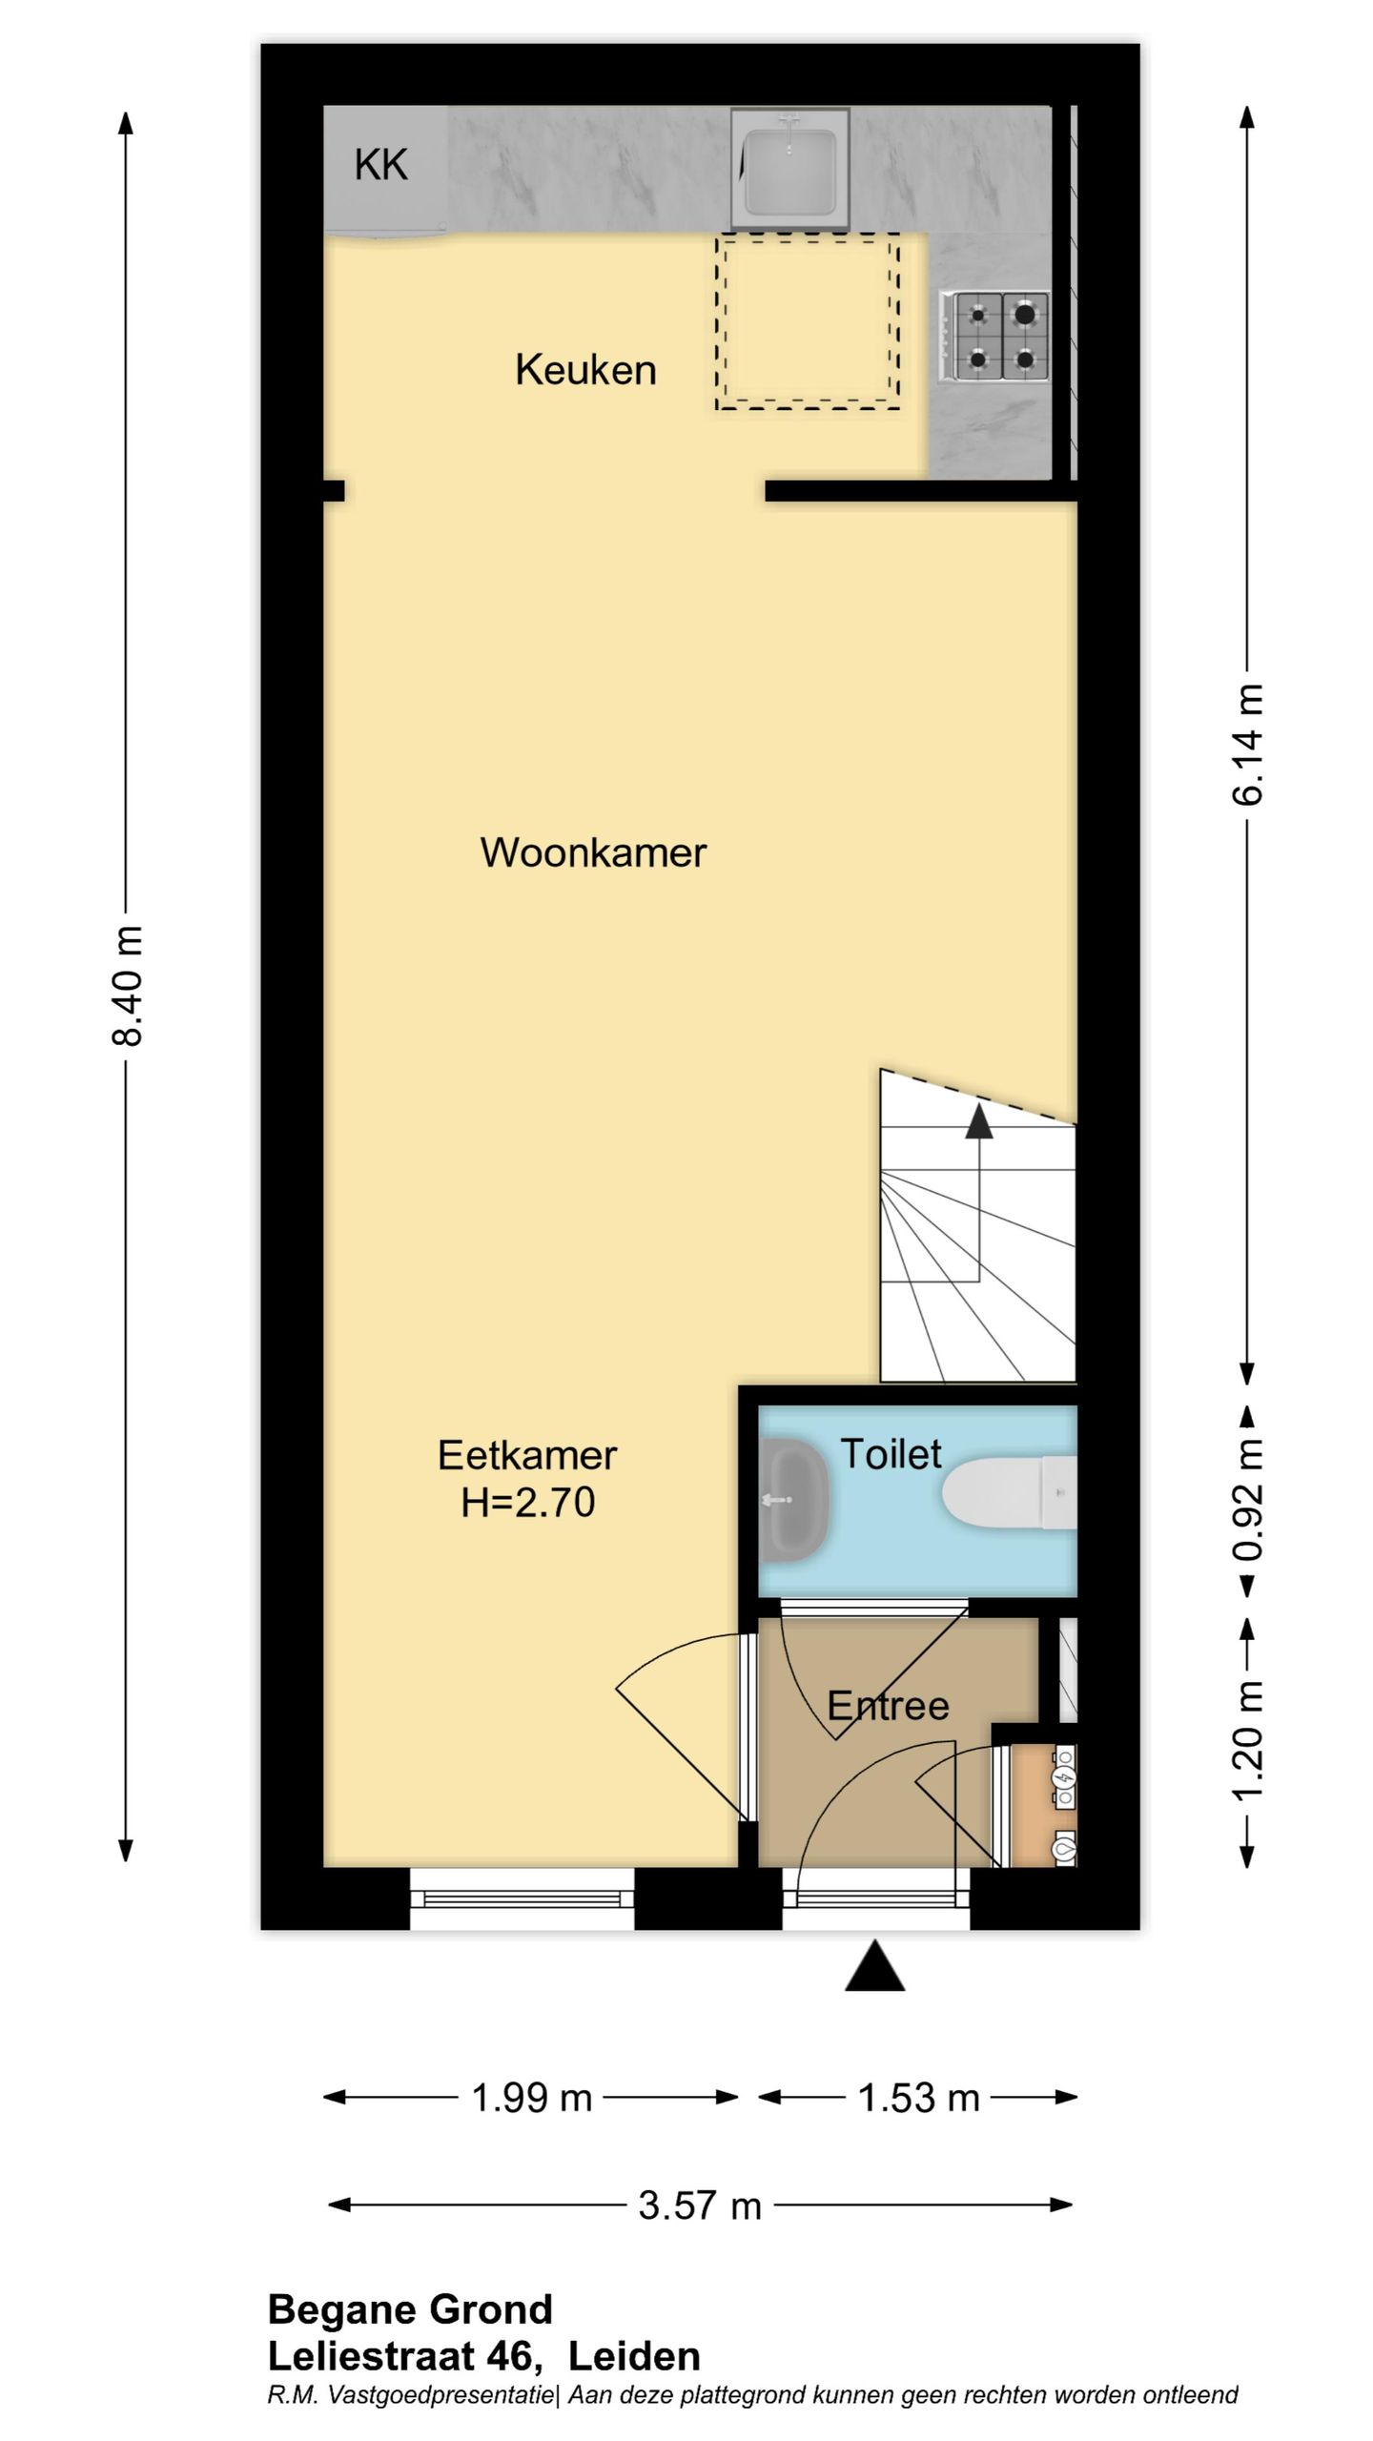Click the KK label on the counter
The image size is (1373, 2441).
(x=380, y=166)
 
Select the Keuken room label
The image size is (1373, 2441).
(x=585, y=370)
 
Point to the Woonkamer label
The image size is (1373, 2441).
(x=592, y=852)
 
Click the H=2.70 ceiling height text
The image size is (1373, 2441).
(x=527, y=1504)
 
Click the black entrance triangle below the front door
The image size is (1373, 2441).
(x=874, y=1970)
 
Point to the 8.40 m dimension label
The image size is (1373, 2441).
(x=127, y=985)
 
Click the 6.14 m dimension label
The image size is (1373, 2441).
(x=1248, y=745)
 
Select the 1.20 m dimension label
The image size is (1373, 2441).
(x=1248, y=1741)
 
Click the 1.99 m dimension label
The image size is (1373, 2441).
(x=531, y=2098)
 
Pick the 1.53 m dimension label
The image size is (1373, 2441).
(x=918, y=2098)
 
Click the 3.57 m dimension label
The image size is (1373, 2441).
(x=699, y=2205)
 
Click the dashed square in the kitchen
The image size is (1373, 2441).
(x=807, y=322)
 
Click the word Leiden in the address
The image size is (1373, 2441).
(x=634, y=2356)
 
